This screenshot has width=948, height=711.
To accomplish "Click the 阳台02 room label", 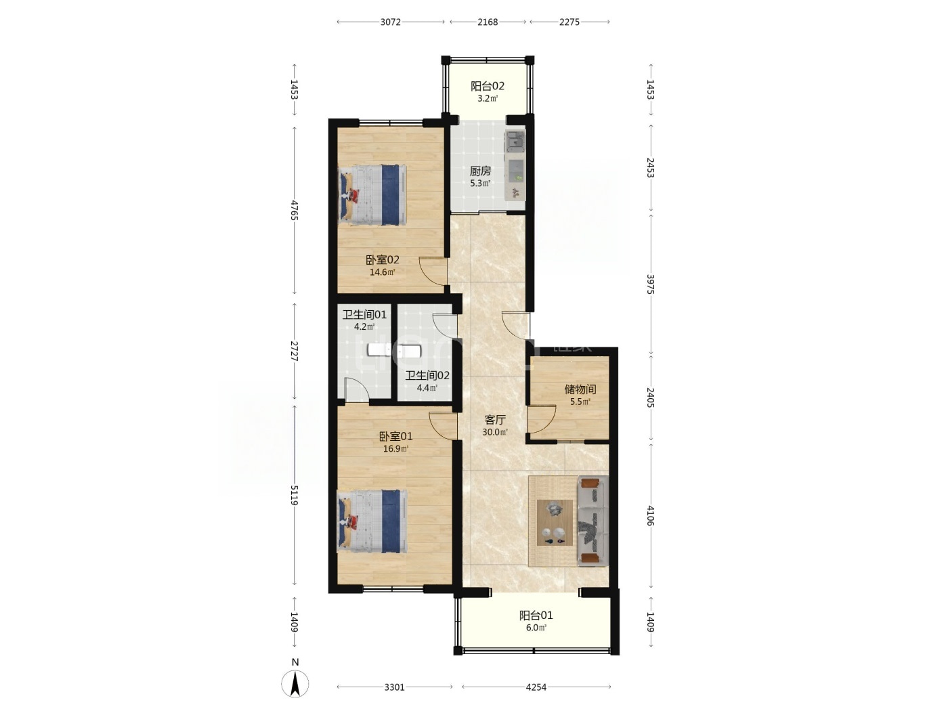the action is pos(487,87).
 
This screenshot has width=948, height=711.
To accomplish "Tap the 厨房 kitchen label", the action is pos(480,171).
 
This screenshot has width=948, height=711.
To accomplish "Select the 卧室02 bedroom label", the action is pos(382,260).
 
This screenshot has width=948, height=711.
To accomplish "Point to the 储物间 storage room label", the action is pos(580,389).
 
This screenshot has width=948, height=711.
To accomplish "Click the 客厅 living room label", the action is pos(495,420).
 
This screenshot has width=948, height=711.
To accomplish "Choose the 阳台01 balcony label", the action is pos(536,615).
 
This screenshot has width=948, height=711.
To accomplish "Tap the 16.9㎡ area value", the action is pos(395,448).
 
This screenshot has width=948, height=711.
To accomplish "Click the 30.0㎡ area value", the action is pos(495,432).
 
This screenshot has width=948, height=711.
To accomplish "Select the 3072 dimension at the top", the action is pos(391,22).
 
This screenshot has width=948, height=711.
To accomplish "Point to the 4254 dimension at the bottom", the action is pos(536,687).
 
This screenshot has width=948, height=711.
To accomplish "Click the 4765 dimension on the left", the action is pos(295,210).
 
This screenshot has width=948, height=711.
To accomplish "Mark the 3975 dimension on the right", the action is pos(651,284).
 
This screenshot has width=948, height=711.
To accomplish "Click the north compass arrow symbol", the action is pos(295,684).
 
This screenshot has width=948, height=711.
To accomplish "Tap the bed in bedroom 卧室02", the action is pos(372,195).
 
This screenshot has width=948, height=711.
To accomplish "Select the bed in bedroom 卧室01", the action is pos(372,521).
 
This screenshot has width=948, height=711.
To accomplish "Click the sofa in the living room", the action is pos(593,521).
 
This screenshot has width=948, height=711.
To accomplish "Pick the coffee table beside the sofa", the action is pos(555,522).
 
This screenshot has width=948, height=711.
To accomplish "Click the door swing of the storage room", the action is pos(542,419).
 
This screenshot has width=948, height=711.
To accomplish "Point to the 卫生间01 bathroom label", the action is pos(364,315).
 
